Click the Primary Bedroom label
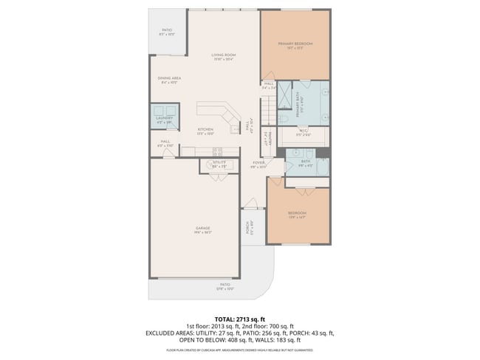pyautogui.click(x=295, y=44)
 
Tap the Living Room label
pyautogui.click(x=224, y=55)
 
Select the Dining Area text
pyautogui.click(x=169, y=78)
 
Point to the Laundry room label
pyautogui.click(x=163, y=118)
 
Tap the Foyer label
pyautogui.click(x=258, y=162)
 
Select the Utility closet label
pyautogui.click(x=219, y=162)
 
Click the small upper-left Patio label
pyautogui.click(x=167, y=31)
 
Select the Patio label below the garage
pyautogui.click(x=224, y=284)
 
